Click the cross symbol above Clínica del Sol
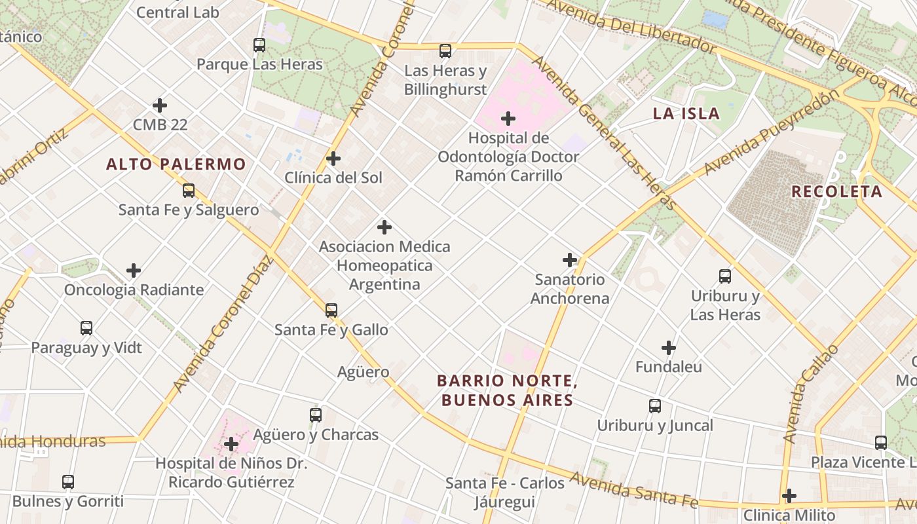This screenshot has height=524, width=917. (x=333, y=159)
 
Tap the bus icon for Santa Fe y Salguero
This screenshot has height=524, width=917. (x=189, y=191)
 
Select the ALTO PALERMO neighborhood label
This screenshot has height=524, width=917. (x=176, y=164)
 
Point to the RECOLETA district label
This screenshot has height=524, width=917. (x=836, y=192)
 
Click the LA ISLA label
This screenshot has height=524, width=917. (x=686, y=114)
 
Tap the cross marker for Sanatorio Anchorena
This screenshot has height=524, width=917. (x=570, y=260)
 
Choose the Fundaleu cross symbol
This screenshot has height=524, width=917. (x=668, y=347)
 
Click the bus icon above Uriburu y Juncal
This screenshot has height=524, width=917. (x=655, y=406)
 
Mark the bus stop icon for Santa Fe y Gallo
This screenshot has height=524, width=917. (x=331, y=310)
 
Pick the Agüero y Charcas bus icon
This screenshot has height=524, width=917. (x=316, y=415)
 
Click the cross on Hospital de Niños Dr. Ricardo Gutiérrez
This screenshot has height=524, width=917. (x=231, y=444)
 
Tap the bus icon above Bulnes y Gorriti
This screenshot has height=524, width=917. (x=68, y=483)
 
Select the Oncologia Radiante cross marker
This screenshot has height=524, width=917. (x=134, y=270)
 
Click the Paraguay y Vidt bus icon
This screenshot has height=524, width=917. (x=86, y=328)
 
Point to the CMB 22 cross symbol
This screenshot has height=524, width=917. (x=160, y=105)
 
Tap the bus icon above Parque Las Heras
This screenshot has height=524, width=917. (x=259, y=45)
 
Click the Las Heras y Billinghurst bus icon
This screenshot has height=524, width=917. (x=445, y=51)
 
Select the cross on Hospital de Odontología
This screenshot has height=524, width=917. (x=508, y=119)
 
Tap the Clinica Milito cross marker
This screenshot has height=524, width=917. (x=789, y=495)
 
